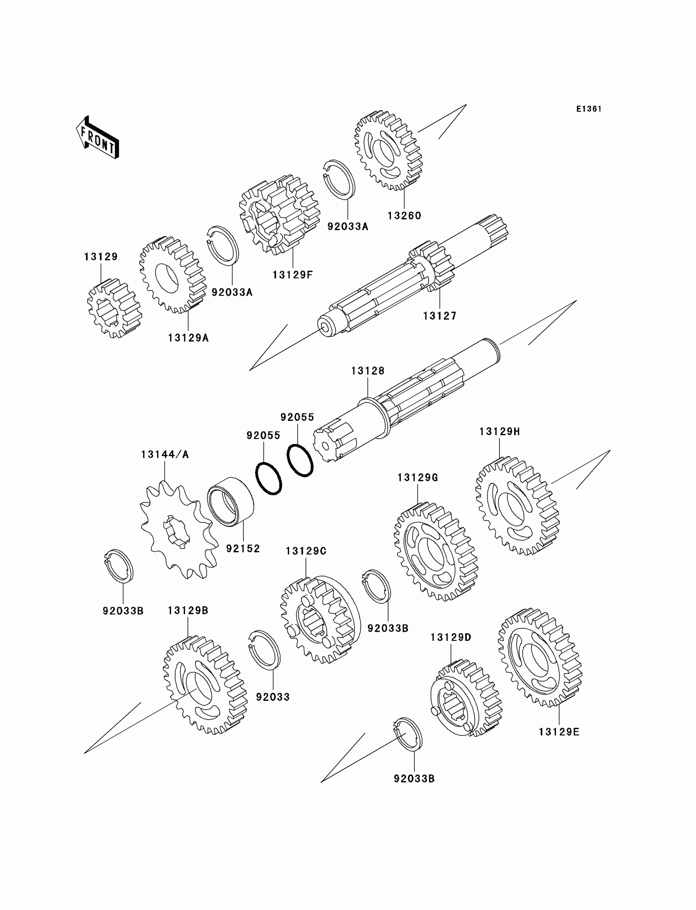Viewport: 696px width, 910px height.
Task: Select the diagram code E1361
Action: pos(588,109)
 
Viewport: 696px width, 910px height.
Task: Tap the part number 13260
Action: pos(404,216)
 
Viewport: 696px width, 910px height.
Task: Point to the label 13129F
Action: pos(292,275)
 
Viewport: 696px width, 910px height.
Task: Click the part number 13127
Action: pos(439,316)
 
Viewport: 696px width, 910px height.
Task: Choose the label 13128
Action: pos(368,371)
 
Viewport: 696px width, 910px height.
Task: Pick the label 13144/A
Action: pos(165,454)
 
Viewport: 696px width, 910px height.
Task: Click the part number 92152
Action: pos(243,549)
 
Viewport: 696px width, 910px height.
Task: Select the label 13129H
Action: pos(499,431)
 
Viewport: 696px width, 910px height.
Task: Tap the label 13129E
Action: pos(559,732)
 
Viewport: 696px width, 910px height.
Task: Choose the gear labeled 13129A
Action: pos(172,275)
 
